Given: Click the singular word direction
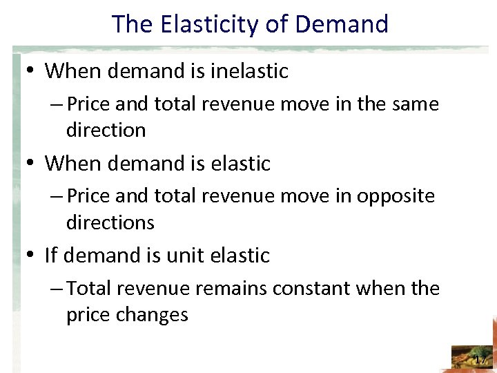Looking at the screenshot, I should [106, 130].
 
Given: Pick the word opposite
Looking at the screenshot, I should [396, 196].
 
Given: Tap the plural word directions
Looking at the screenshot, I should [110, 222].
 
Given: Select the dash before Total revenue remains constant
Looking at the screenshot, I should [59, 289].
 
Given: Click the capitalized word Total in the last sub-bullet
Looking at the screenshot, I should [92, 288].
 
